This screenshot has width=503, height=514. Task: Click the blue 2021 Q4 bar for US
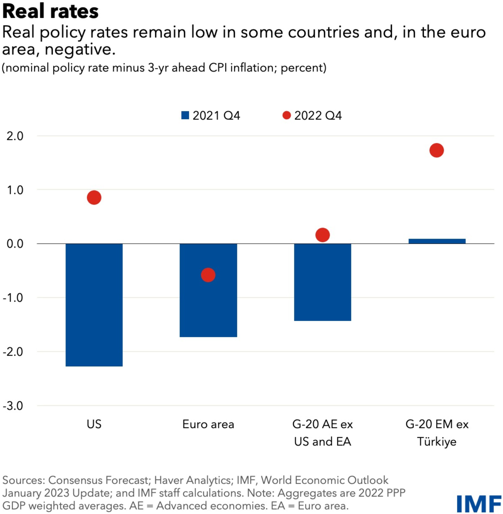[x=94, y=305]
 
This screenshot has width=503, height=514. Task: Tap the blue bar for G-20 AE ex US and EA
[x=323, y=282]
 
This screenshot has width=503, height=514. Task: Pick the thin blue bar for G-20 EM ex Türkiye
[x=437, y=241]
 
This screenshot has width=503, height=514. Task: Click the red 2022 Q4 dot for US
[x=94, y=197]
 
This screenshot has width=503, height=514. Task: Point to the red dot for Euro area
[x=208, y=275]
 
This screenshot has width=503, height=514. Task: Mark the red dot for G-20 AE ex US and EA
[x=323, y=235]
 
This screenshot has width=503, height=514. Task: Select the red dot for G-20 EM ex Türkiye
[x=437, y=150]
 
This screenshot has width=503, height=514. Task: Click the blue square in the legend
[x=185, y=115]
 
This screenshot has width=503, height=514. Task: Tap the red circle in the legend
[x=286, y=115]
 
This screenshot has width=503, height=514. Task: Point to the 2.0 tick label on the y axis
[x=15, y=136]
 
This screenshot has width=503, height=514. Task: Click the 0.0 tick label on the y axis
[x=15, y=244]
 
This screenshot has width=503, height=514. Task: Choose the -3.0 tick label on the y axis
[x=13, y=405]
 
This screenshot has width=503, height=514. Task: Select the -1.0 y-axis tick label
[x=13, y=298]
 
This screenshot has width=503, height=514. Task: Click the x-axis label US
[x=94, y=424]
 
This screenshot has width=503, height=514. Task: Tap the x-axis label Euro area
[x=208, y=424]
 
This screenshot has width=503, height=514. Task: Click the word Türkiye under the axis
[x=437, y=442]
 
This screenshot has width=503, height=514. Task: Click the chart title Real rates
[x=51, y=11]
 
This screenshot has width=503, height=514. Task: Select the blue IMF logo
[x=479, y=504]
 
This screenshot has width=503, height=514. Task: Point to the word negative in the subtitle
[x=80, y=50]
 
